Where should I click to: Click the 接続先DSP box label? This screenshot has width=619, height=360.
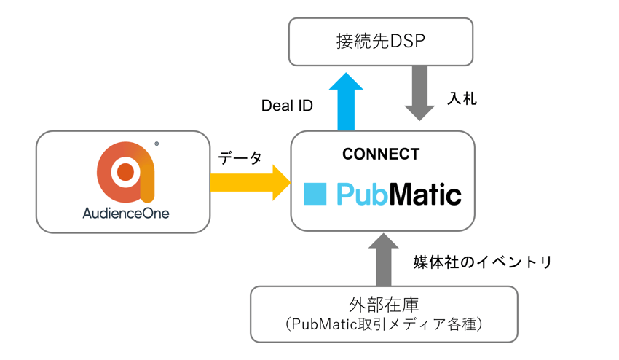pos(380,41)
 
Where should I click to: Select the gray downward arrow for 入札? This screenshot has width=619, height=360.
pos(419,93)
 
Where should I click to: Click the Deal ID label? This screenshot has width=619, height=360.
pos(287,106)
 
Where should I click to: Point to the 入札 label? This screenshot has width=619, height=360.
pos(462,98)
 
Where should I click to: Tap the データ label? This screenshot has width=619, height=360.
pos(240,157)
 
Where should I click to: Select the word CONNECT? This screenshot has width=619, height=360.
pos(381,154)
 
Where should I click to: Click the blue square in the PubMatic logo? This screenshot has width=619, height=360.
pos(315,194)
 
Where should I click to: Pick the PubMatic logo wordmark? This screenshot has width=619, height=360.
pos(398,195)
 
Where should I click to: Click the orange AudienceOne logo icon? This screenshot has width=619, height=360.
pos(125,172)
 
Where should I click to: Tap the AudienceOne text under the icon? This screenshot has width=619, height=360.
pos(125,214)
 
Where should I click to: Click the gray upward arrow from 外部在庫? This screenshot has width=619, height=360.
pos(384,261)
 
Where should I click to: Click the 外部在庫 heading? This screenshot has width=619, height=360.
pos(384,305)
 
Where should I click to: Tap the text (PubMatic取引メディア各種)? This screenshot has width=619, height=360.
pos(384,326)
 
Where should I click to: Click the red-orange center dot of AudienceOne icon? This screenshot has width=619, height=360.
pos(125,172)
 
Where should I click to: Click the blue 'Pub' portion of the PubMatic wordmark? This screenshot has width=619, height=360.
pos(361,195)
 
